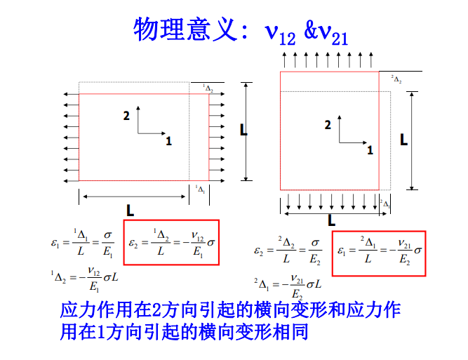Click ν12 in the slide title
pyautogui.click(x=281, y=32)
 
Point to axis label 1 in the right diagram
pyautogui.click(x=370, y=149)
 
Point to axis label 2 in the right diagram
pyautogui.click(x=328, y=125)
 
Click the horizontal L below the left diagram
pyautogui.click(x=131, y=209)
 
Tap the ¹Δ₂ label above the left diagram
pyautogui.click(x=208, y=88)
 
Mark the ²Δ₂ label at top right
pyautogui.click(x=396, y=79)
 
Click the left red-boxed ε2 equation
pyautogui.click(x=171, y=243)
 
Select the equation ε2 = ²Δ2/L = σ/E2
pyautogui.click(x=288, y=249)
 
